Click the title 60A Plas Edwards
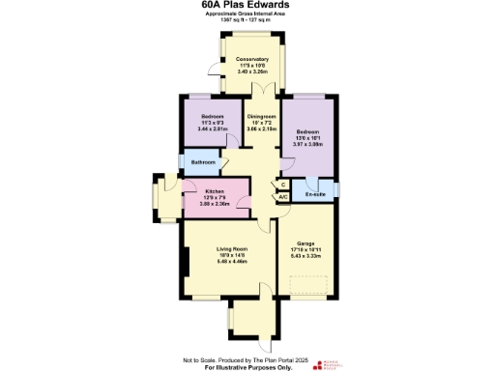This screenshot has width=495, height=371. [248, 6]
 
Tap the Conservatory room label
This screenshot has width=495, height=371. [251, 60]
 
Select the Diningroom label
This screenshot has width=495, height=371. [263, 115]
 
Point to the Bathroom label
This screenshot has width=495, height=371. [204, 161]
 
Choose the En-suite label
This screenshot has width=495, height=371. [314, 194]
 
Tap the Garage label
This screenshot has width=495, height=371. [306, 243]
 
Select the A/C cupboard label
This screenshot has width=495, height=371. [283, 197]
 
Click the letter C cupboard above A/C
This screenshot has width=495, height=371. [283, 185]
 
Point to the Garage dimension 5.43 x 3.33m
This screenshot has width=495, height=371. [306, 256]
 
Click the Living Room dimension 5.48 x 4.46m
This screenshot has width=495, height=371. [233, 261]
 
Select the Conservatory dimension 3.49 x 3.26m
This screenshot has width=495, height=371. [251, 72]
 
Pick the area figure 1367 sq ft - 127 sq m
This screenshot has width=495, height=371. [248, 22]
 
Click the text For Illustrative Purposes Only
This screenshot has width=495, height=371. [248, 367]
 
